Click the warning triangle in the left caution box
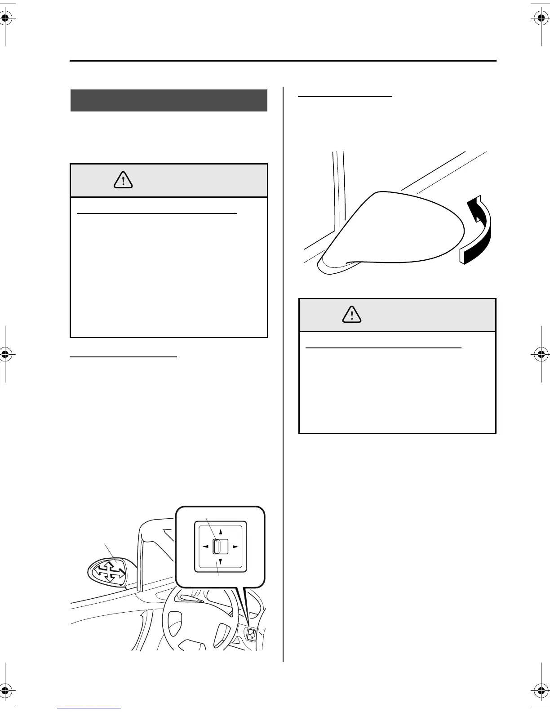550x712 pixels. point(123,181)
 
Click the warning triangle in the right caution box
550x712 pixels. point(352,315)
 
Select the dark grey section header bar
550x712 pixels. point(169,100)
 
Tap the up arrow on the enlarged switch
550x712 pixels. point(221,531)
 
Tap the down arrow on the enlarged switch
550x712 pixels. point(220,562)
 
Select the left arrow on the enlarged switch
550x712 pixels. point(205,547)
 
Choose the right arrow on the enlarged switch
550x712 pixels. point(235,547)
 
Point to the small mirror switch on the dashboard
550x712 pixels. point(251,635)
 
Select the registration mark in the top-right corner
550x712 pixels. point(540,18)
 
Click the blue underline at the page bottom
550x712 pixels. point(89,708)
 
